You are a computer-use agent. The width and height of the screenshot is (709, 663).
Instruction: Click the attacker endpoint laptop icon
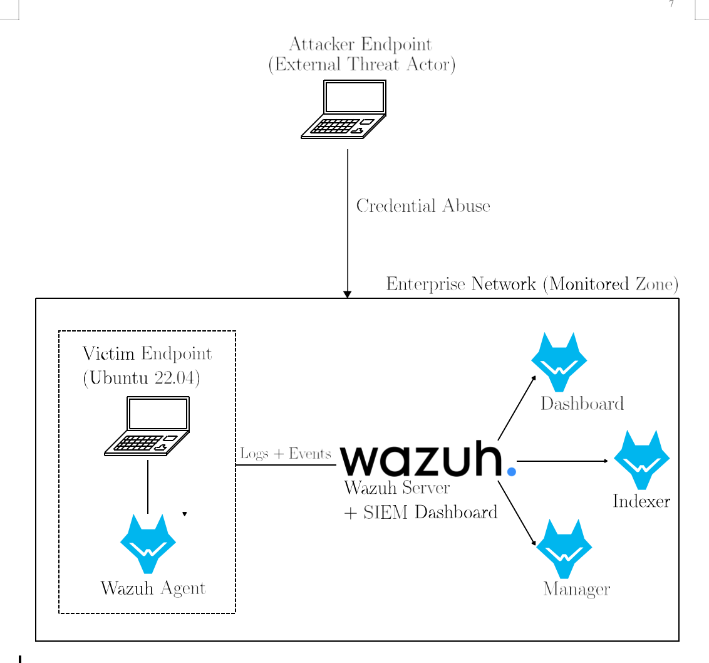coord(343,109)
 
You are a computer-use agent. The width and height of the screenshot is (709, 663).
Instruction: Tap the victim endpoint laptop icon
coord(147,426)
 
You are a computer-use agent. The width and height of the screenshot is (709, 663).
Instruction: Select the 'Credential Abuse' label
coord(423,206)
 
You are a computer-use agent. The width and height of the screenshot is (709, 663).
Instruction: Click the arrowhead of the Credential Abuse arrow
coord(348,294)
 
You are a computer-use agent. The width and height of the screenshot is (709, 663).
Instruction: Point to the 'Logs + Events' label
coord(286,454)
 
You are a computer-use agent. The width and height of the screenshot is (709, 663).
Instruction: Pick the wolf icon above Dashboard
coord(559,362)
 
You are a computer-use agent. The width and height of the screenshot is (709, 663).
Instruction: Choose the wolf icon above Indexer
coord(641,459)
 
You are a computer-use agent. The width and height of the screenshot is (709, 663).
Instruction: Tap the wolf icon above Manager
coord(564,548)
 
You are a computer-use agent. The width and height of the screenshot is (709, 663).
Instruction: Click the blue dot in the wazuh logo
coord(512,471)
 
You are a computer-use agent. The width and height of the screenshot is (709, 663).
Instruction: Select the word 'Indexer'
coord(641,501)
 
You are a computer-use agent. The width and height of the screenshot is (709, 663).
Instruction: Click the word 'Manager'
coord(576,590)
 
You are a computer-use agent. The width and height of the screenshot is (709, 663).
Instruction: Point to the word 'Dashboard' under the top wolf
coord(582,404)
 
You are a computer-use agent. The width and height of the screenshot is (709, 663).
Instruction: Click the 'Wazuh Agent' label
coord(153,588)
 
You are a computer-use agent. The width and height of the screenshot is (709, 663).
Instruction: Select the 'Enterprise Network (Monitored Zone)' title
coord(532,285)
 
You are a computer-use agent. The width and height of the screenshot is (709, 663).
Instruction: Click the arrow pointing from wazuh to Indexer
coord(562,461)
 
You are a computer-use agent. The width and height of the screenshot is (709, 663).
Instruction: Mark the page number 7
coord(671,4)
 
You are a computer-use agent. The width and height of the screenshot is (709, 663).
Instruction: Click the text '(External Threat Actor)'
coord(361,65)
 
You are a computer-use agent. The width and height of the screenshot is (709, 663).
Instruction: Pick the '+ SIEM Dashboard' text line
coord(421,513)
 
